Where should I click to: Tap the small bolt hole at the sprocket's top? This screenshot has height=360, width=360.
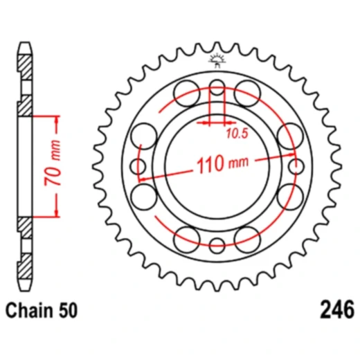click(x=217, y=88)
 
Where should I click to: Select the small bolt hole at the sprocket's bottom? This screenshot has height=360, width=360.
click(x=217, y=244)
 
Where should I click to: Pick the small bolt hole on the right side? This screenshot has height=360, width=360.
click(x=296, y=166)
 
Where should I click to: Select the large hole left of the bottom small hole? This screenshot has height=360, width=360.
click(x=188, y=240)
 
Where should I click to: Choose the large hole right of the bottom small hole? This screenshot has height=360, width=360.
click(x=247, y=240)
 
